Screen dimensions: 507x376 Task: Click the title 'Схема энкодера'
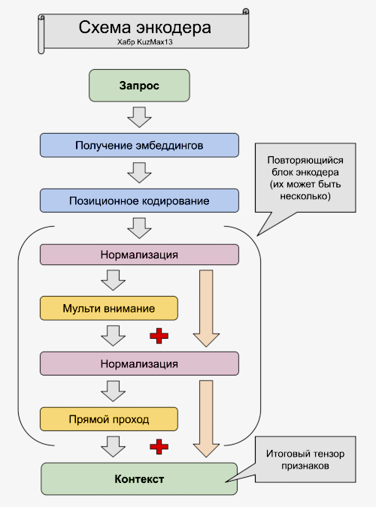[x=144, y=29]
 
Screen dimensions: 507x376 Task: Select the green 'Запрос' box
[x=139, y=86]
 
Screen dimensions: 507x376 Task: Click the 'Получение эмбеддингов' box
[x=139, y=144]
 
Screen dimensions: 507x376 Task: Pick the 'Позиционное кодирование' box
[x=139, y=201]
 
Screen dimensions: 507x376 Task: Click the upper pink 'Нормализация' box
[x=139, y=254]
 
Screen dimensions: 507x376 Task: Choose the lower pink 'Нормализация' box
[x=139, y=364]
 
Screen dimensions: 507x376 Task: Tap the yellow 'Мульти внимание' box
[x=109, y=308]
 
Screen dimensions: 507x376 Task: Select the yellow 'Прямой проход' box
[x=109, y=418]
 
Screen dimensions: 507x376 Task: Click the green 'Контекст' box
[x=139, y=478]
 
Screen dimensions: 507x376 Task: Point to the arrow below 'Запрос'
[x=139, y=116]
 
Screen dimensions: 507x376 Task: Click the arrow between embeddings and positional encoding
[x=139, y=173]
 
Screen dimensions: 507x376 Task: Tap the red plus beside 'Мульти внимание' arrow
[x=159, y=336]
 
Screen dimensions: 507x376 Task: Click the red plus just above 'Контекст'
[x=159, y=447]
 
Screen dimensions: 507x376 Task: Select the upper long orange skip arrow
[x=205, y=308]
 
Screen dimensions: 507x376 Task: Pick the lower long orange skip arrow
[x=205, y=418]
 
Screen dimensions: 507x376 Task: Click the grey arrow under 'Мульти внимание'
[x=114, y=335]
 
